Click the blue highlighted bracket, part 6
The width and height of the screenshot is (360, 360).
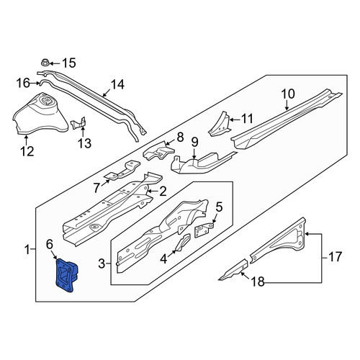(x=66, y=276)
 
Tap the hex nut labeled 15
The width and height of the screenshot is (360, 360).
(x=45, y=63)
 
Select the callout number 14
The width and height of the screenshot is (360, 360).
(x=117, y=85)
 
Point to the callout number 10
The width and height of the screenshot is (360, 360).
(x=288, y=94)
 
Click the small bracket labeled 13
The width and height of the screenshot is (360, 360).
(x=79, y=123)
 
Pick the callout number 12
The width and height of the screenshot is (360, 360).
(x=27, y=151)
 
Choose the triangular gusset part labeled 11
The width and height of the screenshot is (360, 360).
(x=220, y=124)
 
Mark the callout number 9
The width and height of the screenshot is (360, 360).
(x=194, y=142)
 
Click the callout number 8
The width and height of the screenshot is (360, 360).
(x=180, y=138)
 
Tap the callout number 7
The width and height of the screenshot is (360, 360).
(x=96, y=188)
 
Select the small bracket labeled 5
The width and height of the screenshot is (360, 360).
(x=204, y=230)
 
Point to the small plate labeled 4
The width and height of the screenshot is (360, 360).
(x=183, y=243)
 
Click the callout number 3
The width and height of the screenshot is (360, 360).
(x=102, y=264)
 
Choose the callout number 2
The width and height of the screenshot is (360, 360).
(x=163, y=192)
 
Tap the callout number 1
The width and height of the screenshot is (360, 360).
(x=27, y=250)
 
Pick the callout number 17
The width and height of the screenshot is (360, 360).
(x=335, y=256)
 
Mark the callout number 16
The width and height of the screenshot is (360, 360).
(x=23, y=84)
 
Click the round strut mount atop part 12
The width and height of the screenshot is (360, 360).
(x=46, y=102)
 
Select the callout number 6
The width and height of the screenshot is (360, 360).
(x=50, y=245)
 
